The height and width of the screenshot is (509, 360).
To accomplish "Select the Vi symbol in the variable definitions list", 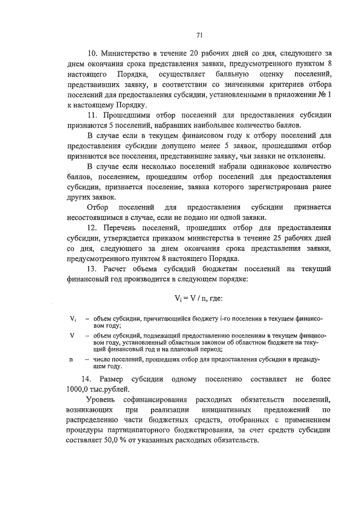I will (x=73, y=319).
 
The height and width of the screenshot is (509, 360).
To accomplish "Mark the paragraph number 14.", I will (x=87, y=378).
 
